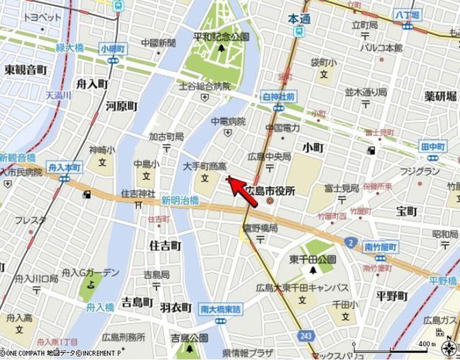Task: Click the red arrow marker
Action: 242,192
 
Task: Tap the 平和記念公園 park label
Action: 221,37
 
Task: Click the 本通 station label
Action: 297,19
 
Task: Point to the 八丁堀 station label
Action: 407,15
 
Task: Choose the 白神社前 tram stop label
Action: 279,96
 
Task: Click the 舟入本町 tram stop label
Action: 64,167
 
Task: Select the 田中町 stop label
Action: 433,147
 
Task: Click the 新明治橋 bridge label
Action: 180,201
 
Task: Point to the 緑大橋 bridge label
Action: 70,48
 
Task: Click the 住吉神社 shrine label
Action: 138,194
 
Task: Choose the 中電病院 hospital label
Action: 229,121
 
